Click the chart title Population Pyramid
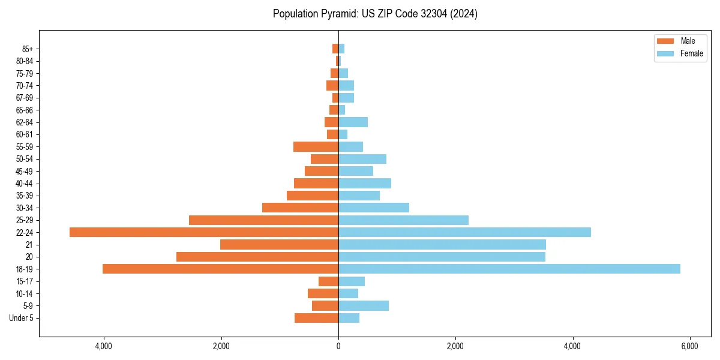375,14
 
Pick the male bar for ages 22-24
204,232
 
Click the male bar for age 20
257,257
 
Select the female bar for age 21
442,244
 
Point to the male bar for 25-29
263,220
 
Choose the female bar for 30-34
374,208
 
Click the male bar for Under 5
316,318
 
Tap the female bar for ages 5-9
364,305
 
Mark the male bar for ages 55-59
316,146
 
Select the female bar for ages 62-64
353,122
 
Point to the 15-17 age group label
25,281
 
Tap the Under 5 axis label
22,318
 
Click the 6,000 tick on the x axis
689,346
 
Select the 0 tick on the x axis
338,346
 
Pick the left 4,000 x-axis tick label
104,346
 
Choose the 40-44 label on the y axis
25,184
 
